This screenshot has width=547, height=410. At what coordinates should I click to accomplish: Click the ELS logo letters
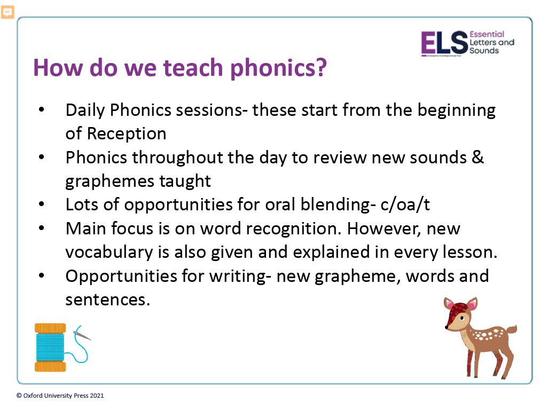pyautogui.click(x=444, y=43)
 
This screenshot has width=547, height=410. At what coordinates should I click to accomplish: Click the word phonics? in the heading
pyautogui.click(x=278, y=68)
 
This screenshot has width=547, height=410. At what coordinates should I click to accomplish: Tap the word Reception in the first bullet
pyautogui.click(x=127, y=133)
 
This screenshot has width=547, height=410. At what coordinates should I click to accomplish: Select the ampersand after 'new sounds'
pyautogui.click(x=478, y=157)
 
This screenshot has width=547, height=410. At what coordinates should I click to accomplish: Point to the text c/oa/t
pyautogui.click(x=405, y=204)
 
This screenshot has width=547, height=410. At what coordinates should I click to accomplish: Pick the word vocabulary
pyautogui.click(x=109, y=253)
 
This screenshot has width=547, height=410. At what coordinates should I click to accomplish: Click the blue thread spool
pyautogui.click(x=50, y=347)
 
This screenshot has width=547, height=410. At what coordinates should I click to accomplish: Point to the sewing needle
pyautogui.click(x=82, y=335)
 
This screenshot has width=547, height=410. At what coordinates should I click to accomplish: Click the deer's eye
pyautogui.click(x=462, y=318)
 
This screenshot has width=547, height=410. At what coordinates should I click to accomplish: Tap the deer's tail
pyautogui.click(x=511, y=329)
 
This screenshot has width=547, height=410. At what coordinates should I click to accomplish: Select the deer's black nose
pyautogui.click(x=446, y=327)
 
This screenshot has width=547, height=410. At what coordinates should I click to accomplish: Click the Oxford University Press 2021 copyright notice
pyautogui.click(x=60, y=396)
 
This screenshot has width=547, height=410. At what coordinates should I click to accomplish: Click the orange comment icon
pyautogui.click(x=7, y=12)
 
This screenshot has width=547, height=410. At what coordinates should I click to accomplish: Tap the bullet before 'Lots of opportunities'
pyautogui.click(x=42, y=204)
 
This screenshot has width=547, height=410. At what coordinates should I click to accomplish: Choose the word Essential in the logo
pyautogui.click(x=487, y=34)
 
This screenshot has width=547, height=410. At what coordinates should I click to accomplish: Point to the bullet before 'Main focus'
pyautogui.click(x=42, y=228)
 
